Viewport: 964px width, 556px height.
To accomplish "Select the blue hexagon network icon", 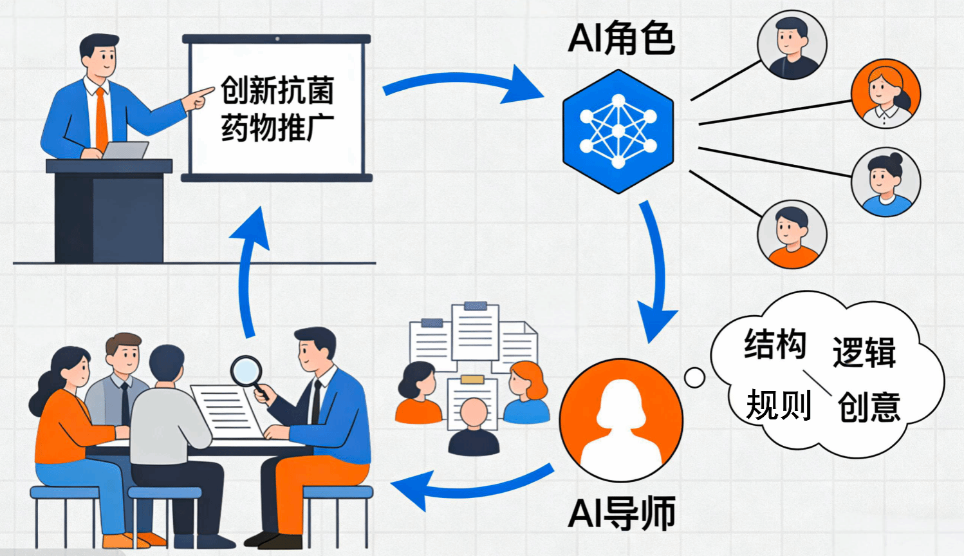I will [x=618, y=132].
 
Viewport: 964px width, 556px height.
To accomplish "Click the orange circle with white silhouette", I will [x=620, y=419].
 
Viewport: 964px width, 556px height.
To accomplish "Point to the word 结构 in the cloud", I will [x=775, y=344].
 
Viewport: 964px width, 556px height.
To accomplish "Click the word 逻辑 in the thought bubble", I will [x=864, y=352].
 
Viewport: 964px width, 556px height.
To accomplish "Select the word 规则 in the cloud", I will [x=778, y=405].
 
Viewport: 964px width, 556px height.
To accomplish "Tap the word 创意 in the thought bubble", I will [x=869, y=407].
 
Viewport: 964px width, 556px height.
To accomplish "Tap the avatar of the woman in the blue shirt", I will [x=885, y=182].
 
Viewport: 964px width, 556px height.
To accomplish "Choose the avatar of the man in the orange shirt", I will [x=792, y=233].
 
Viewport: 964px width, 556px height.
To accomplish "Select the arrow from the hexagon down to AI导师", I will [x=656, y=271].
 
